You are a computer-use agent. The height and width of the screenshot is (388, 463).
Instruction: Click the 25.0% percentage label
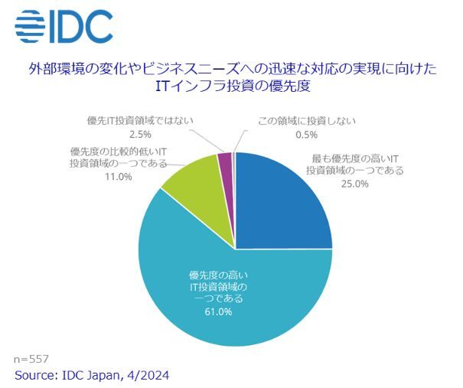point(354,184)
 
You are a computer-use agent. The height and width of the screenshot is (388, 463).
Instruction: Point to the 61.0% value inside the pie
point(218,312)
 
